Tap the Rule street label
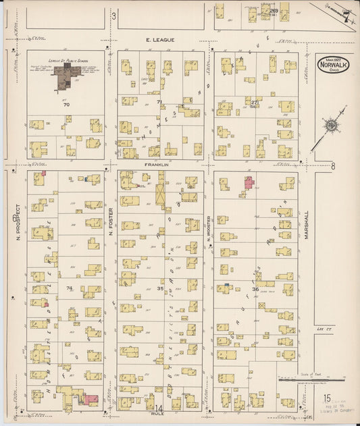[159, 417]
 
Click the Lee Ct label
[321, 329]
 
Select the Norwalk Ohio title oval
[333, 68]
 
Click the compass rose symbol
[330, 126]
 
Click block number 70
[66, 105]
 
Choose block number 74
[69, 288]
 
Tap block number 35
[161, 288]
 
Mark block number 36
[255, 289]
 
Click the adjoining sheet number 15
[326, 400]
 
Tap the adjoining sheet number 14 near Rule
[159, 408]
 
